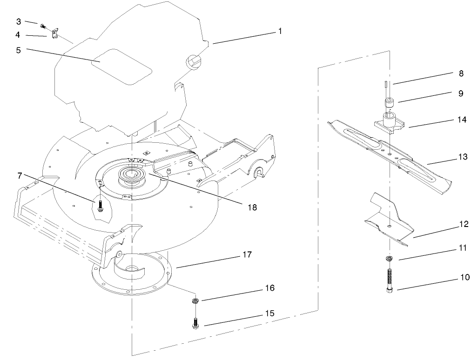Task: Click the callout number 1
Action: pyautogui.click(x=280, y=31)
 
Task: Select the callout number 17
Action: pyautogui.click(x=247, y=254)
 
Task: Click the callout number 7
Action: pyautogui.click(x=19, y=175)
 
